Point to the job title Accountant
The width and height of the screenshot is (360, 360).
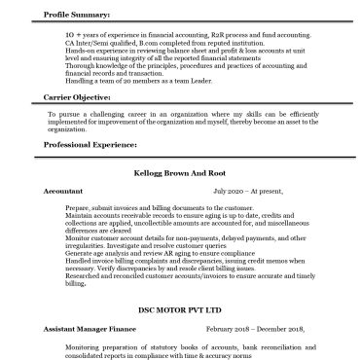point(63,193)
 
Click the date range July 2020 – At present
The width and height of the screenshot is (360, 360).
point(225,193)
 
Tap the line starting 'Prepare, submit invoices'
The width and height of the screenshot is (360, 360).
point(146,208)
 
